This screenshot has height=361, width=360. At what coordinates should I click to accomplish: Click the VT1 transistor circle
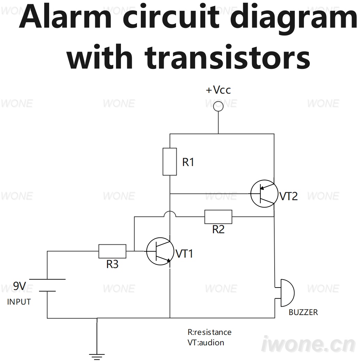[x=147, y=251]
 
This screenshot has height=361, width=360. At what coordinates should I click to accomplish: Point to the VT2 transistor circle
[x=251, y=194]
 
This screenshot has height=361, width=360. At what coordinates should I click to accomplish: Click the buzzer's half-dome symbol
[x=294, y=293]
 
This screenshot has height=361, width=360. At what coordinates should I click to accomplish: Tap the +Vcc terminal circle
[x=218, y=102]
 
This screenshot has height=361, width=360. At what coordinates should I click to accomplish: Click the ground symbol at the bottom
[x=97, y=356]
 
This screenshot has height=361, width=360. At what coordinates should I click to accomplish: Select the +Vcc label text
[x=218, y=90]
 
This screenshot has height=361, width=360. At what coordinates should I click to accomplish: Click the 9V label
[x=20, y=286]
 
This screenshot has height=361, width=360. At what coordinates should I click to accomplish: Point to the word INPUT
[x=19, y=302]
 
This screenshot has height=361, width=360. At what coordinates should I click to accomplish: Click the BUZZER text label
[x=303, y=312]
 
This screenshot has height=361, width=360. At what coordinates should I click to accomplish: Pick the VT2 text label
[x=289, y=196]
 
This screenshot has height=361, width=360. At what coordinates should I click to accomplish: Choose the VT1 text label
[x=184, y=254]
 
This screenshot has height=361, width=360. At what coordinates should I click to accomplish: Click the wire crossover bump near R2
[x=170, y=211]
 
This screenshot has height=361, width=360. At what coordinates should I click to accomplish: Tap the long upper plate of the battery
[x=47, y=279]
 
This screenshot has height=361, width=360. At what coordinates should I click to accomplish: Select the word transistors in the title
[x=227, y=58]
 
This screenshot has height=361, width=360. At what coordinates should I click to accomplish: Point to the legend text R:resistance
[x=209, y=332]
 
